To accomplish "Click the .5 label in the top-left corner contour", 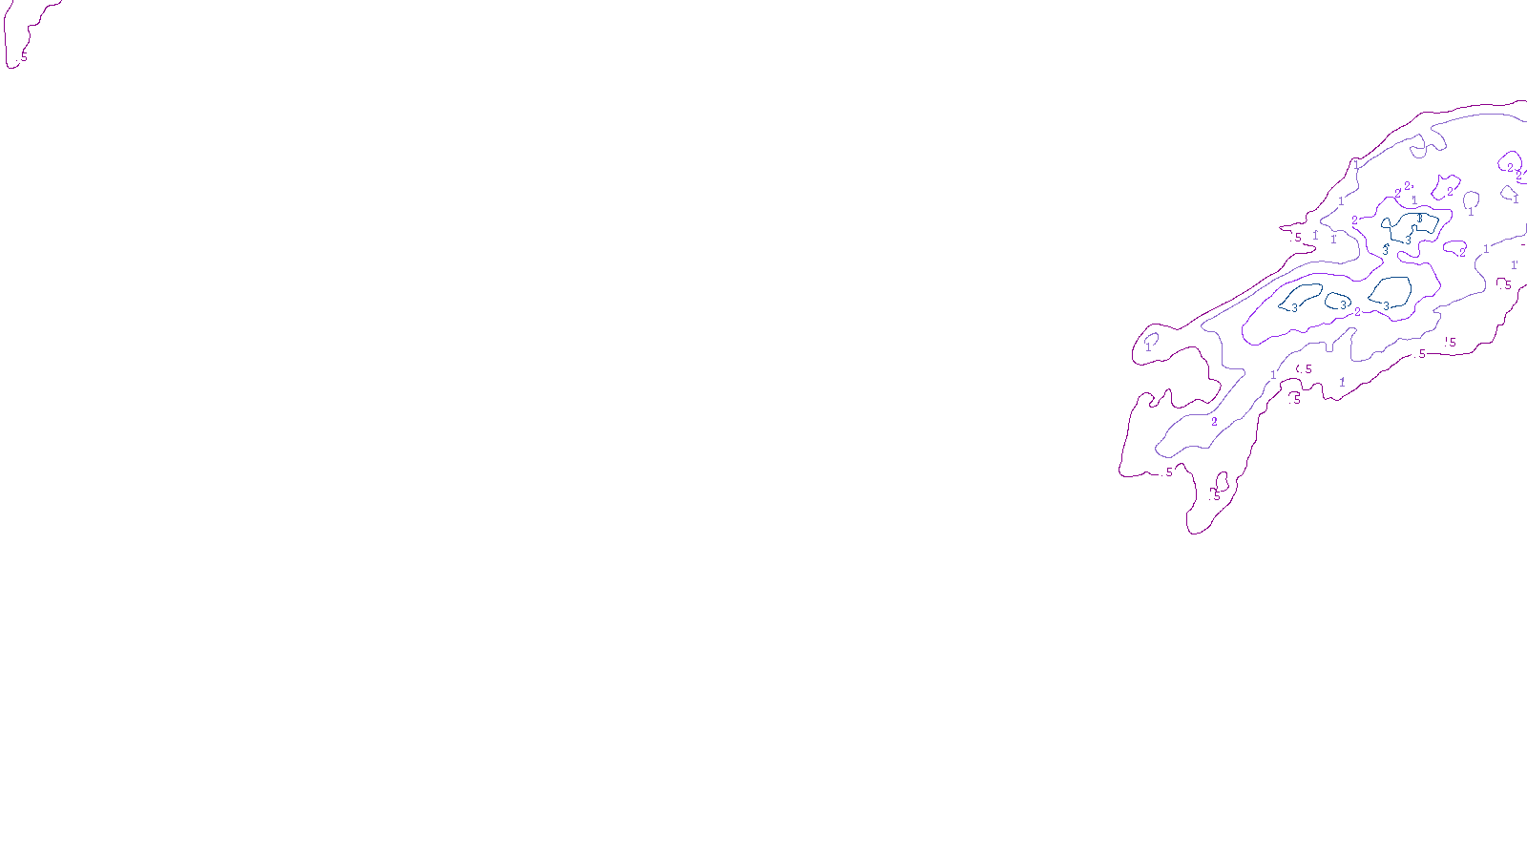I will click(23, 57).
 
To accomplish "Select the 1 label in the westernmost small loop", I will click(1148, 347).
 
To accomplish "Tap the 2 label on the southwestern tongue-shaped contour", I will click(1214, 422).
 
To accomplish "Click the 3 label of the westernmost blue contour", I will click(1294, 307).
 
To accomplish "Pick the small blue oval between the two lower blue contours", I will click(1338, 301).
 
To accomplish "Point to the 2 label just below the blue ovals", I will click(1357, 312).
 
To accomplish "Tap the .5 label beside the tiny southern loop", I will click(1215, 495).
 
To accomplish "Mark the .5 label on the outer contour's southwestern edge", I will click(1168, 471).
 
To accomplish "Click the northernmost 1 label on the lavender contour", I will click(1356, 165).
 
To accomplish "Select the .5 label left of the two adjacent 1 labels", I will click(1296, 238).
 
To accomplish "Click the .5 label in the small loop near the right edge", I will click(1506, 284).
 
